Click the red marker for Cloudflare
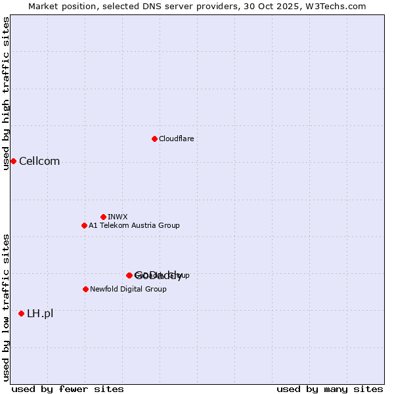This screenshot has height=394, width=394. click(154, 139)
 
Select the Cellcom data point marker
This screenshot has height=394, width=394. click(13, 162)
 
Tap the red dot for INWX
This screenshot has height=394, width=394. click(103, 217)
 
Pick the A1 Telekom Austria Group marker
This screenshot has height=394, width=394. click(84, 225)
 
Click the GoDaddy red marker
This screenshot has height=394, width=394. click(129, 275)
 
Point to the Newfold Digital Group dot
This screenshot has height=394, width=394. click(85, 289)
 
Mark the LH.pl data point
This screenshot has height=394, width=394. click(22, 313)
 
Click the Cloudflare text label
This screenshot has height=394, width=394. click(176, 139)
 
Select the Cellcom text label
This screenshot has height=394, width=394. click(39, 162)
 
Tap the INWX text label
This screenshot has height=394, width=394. click(118, 217)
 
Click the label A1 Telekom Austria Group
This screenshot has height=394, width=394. click(134, 225)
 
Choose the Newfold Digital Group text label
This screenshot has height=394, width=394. click(128, 289)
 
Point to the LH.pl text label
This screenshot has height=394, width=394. click(40, 313)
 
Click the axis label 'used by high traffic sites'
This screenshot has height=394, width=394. click(7, 93)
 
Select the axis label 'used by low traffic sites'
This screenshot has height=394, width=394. click(7, 307)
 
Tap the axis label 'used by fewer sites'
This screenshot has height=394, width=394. click(59, 389)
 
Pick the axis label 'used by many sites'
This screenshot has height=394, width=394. click(330, 389)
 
